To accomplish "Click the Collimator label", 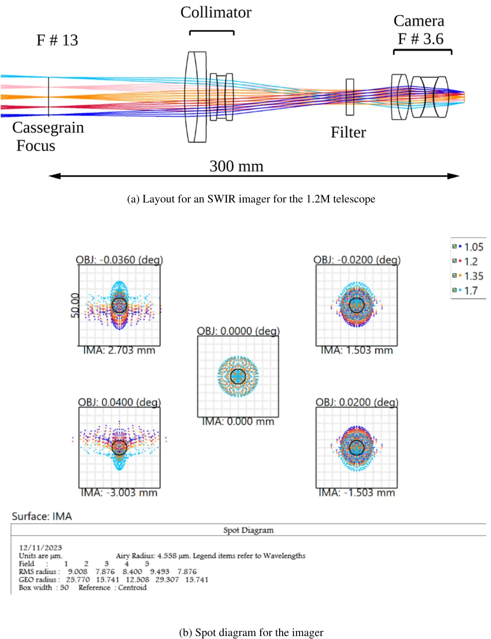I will [216, 12].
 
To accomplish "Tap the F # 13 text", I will [57, 40].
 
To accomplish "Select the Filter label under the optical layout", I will [348, 133].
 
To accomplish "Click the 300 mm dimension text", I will [236, 166].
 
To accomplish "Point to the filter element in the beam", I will [350, 97].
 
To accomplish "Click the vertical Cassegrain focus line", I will [49, 97].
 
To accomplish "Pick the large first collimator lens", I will [196, 97].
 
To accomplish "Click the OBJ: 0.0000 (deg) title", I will [238, 331].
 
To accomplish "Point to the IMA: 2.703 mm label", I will [119, 351].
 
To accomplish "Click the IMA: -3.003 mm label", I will [119, 493].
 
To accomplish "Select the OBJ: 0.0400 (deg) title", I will [119, 402].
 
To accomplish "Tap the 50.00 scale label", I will [75, 305].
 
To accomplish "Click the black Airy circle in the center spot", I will [238, 376].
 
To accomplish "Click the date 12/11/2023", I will [40, 547].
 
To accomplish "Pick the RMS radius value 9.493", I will [159, 572].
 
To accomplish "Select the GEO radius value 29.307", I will [167, 580].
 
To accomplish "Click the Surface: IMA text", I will [42, 516].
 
